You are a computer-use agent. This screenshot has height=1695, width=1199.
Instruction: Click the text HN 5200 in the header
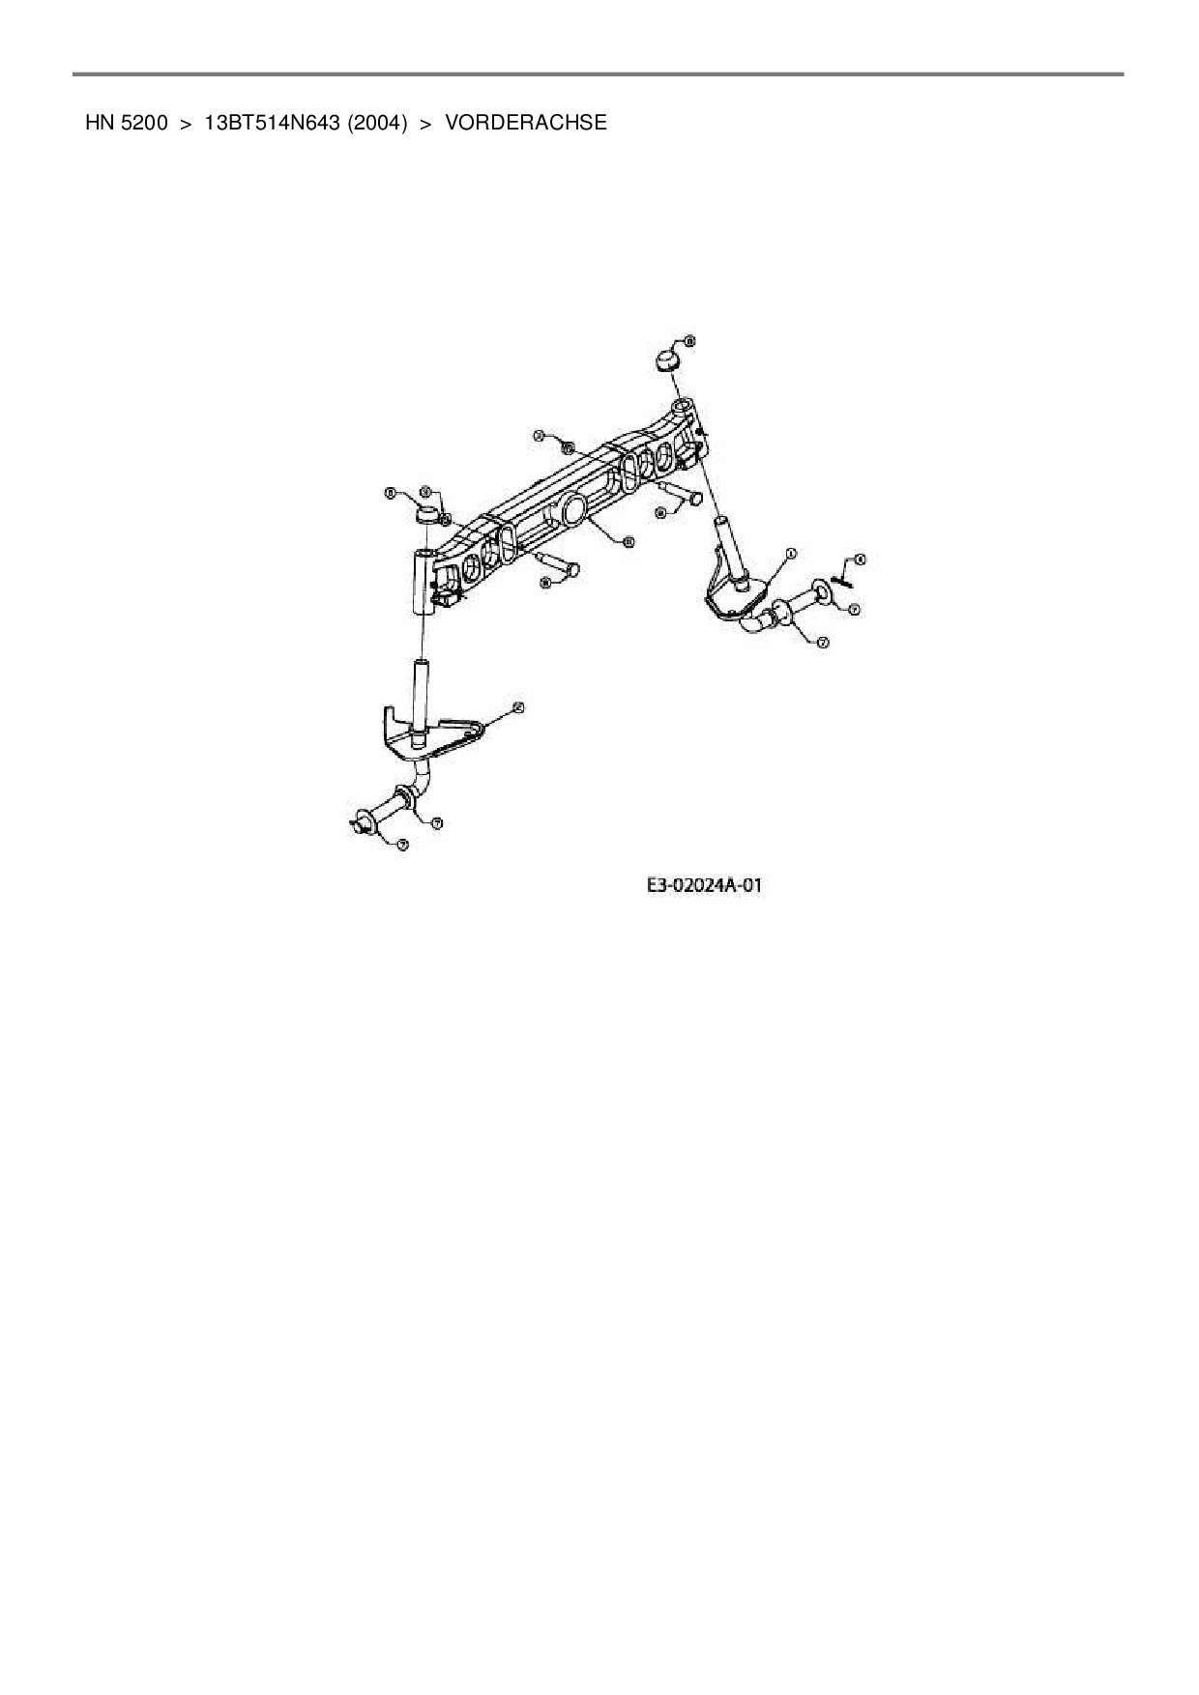tap(126, 123)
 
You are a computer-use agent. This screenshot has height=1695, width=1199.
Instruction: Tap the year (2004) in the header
tap(377, 123)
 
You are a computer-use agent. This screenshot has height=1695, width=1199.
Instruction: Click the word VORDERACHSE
tap(526, 123)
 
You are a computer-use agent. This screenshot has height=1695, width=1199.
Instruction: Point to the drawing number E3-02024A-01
tap(705, 884)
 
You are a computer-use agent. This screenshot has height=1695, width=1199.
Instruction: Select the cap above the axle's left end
tap(426, 512)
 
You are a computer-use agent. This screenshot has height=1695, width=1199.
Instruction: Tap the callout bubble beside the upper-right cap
tap(689, 341)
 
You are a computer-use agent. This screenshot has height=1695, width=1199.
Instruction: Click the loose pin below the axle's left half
tap(559, 564)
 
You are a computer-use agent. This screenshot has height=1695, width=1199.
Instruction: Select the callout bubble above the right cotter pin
tap(861, 560)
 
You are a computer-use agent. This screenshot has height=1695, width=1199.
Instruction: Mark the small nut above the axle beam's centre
tap(568, 448)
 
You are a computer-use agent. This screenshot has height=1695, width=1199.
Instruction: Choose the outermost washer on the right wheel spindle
tap(821, 590)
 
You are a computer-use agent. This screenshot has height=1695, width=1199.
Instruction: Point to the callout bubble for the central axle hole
tap(629, 542)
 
